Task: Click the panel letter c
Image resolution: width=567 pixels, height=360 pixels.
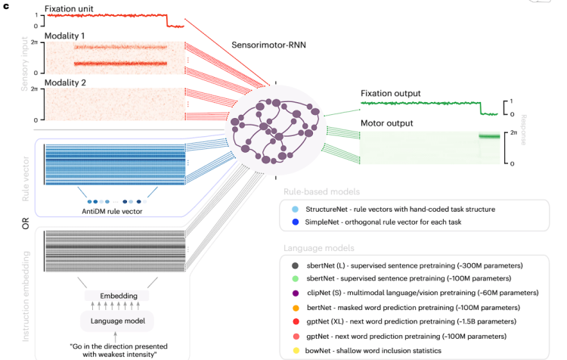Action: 6,5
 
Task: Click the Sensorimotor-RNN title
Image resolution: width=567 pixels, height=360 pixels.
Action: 269,45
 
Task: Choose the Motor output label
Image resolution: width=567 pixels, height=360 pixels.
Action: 386,123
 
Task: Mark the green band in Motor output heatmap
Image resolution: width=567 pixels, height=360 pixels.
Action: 489,137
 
